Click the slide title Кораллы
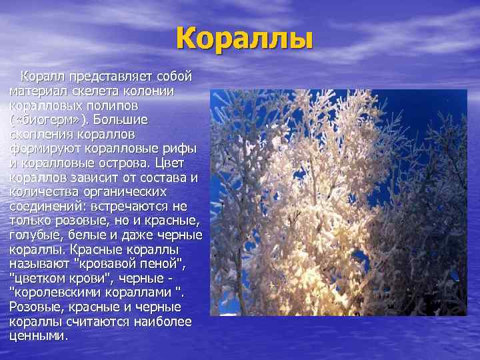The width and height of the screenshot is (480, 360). click(245, 39)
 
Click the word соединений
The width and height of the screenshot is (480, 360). click(46, 206)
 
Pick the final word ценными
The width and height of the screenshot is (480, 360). click(37, 336)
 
